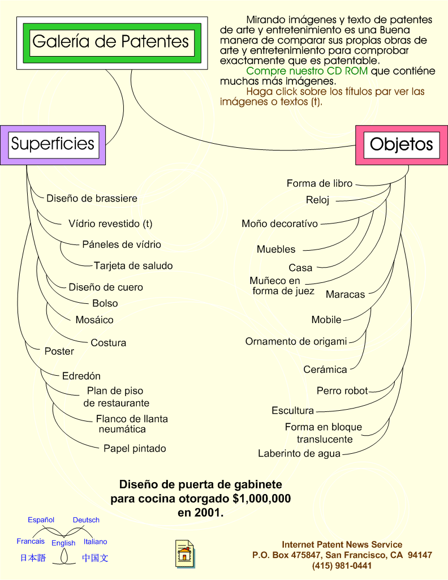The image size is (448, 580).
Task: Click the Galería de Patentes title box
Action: (112, 43)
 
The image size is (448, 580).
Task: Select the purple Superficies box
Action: (53, 145)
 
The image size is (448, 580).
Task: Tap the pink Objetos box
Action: (402, 145)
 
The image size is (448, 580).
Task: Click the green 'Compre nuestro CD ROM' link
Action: (307, 71)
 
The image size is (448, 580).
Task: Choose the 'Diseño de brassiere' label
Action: (92, 198)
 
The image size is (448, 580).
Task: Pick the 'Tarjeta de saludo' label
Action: (133, 265)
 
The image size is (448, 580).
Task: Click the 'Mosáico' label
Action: (94, 320)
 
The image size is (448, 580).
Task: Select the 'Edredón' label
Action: (81, 376)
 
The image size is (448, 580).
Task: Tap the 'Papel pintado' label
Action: (135, 448)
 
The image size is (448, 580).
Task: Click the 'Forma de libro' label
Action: (320, 183)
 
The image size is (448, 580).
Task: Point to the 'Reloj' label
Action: (317, 200)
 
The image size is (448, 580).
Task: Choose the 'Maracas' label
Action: (345, 294)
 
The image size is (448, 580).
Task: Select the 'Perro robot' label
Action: (342, 390)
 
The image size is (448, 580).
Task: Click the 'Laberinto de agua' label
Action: (299, 453)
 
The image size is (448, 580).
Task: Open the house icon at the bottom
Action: (185, 554)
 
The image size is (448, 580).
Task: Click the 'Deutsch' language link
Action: (86, 519)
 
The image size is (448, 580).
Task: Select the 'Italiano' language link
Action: (96, 542)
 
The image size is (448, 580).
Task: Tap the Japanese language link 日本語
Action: (33, 558)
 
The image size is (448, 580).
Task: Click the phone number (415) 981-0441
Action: (342, 566)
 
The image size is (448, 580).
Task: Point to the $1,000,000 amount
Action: (262, 499)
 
